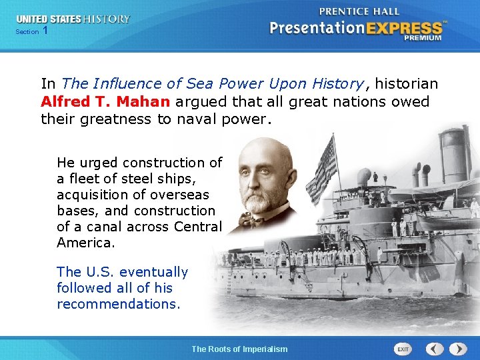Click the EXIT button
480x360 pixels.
403,349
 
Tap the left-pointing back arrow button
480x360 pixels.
435,349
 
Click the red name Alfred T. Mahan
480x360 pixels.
105,102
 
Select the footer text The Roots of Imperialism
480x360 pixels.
239,349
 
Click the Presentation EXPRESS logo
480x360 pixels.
355,29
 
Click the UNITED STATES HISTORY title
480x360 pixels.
73,19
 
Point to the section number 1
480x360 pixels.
45,31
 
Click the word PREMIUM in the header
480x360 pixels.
422,38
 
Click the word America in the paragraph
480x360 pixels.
85,243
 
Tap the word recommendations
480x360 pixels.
118,304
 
